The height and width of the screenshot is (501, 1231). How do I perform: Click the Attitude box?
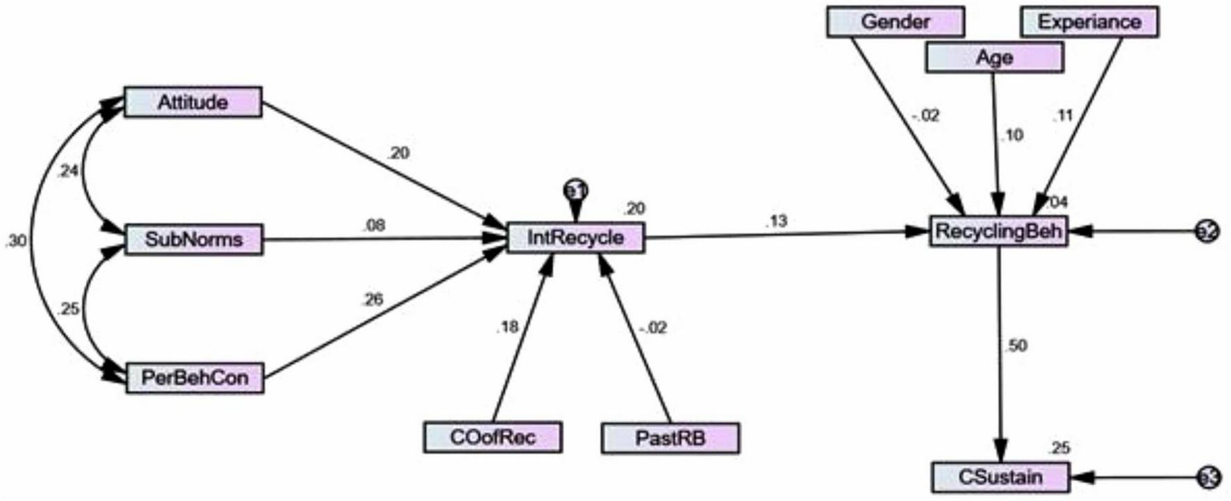[x=193, y=102]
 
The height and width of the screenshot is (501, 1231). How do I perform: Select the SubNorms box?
[x=194, y=240]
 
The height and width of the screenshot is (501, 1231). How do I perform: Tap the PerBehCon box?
[x=195, y=379]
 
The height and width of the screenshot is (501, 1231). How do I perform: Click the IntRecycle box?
[x=576, y=238]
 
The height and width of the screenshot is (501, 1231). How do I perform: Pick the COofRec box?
[x=493, y=438]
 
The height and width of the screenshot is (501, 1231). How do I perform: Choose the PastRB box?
[x=670, y=438]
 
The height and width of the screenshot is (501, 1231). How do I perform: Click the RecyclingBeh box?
[x=999, y=231]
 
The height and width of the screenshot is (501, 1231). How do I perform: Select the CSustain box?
[x=1000, y=478]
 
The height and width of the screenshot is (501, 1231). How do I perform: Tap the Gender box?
[x=895, y=22]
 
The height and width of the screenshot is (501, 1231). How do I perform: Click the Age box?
[x=995, y=57]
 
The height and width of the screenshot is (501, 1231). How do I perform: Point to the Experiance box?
[x=1089, y=22]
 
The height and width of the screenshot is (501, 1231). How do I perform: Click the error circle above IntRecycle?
[x=576, y=190]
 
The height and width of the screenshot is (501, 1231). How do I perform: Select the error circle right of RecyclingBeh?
[x=1207, y=231]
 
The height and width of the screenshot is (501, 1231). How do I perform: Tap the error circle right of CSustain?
[x=1208, y=478]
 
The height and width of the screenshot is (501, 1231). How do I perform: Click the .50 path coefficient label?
[x=1016, y=345]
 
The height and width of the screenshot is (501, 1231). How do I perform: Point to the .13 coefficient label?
[x=776, y=221]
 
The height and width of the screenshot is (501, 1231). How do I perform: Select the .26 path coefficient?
[x=372, y=299]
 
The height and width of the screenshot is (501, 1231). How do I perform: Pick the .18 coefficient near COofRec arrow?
[x=507, y=327]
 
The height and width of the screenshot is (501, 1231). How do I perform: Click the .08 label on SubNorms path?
[x=373, y=225]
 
